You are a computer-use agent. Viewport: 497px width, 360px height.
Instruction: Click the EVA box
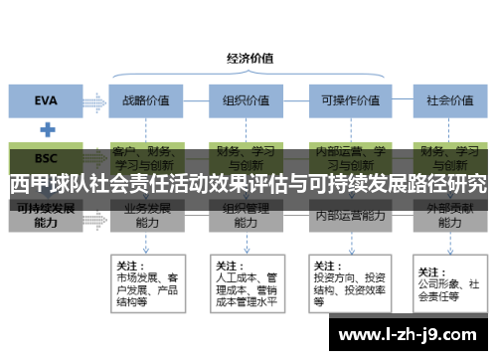pos(46,99)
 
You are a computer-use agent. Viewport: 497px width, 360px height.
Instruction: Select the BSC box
pos(46,158)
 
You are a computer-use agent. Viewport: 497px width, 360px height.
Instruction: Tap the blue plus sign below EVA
pos(46,129)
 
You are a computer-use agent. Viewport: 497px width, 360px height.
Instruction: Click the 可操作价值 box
pos(345,100)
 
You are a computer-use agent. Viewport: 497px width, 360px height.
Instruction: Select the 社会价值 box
pos(446,100)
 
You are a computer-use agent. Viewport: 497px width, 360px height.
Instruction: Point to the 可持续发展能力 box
pos(46,217)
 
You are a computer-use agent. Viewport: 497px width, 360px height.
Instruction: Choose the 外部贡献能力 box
pos(446,217)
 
